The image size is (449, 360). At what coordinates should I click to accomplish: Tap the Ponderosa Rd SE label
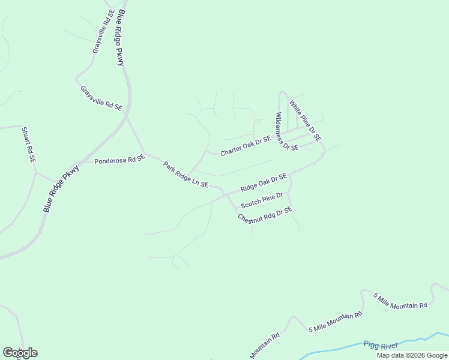pos(120,160)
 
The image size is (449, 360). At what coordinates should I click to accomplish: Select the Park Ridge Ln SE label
pos(185,173)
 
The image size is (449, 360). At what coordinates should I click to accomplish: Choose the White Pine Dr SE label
pos(306,121)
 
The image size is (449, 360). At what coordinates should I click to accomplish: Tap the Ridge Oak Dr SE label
pos(264,182)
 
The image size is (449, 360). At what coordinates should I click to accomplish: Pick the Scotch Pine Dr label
pos(262,200)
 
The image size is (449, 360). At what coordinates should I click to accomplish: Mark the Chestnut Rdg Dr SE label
pos(265,215)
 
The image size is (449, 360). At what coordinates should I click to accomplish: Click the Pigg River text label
pos(381,345)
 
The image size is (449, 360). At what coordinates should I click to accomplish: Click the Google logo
pos(20,353)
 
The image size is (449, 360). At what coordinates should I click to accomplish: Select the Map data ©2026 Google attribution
pos(412,355)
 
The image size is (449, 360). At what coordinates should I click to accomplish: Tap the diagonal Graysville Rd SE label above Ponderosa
pos(101,97)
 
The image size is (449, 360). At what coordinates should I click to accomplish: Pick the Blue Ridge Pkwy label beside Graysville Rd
pos(122,37)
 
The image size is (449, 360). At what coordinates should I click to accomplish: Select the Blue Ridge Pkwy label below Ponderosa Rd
pos(61,188)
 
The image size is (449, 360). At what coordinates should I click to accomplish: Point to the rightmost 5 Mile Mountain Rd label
pos(400,301)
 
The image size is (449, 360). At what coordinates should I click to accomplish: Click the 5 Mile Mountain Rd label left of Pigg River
pos(336,322)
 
